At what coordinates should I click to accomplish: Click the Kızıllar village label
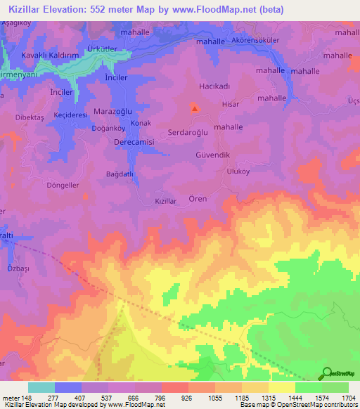[x=165, y=201]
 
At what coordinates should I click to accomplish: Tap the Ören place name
[x=198, y=199]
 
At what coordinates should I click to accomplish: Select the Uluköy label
[x=236, y=171]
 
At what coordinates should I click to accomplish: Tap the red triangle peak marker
[x=195, y=108]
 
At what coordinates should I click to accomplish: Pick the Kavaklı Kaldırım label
[x=48, y=54]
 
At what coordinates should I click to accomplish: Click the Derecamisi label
[x=134, y=141]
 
